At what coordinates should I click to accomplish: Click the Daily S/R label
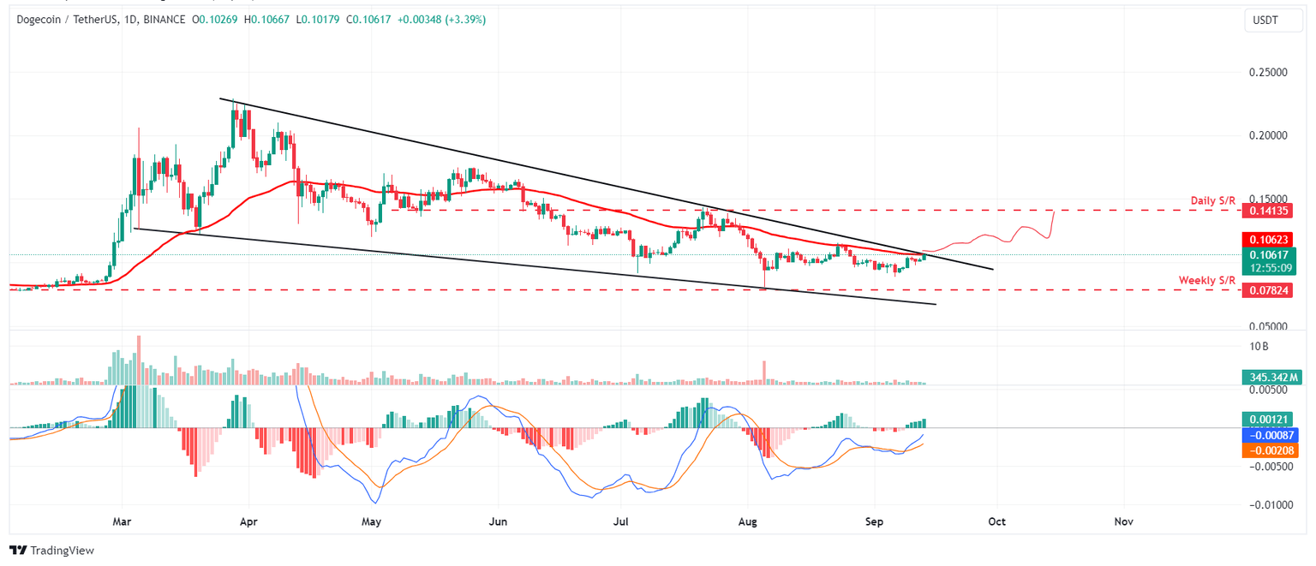[x=1213, y=200]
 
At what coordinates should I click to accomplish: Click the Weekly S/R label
[x=1207, y=280]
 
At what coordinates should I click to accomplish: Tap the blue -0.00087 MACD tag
[x=1268, y=435]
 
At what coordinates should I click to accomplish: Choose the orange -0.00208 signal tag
[x=1268, y=450]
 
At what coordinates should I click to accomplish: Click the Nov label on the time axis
[x=1124, y=521]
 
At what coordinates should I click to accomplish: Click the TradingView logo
[x=51, y=551]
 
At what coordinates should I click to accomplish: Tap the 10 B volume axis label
[x=1259, y=347]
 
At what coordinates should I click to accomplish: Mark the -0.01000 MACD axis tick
[x=1267, y=505]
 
